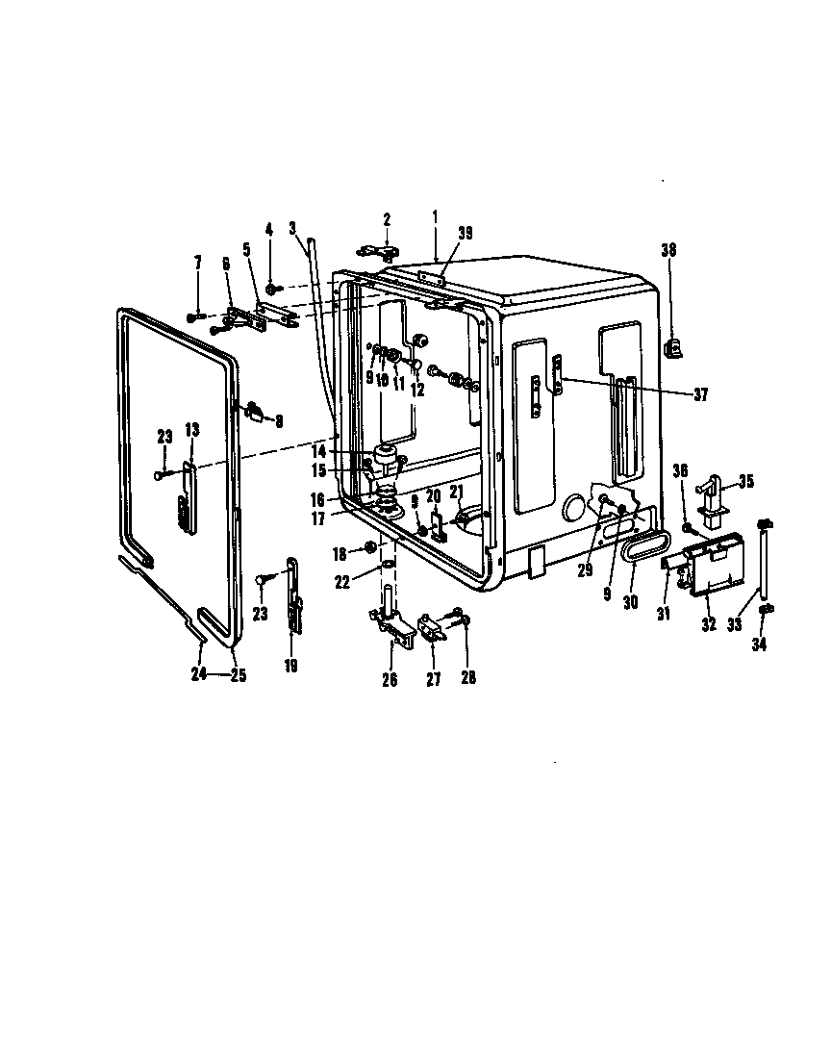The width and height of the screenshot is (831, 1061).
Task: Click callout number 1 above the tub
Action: click(x=435, y=218)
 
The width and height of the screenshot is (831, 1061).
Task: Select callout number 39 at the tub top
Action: click(x=466, y=233)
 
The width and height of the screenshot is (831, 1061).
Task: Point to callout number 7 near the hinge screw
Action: click(x=198, y=263)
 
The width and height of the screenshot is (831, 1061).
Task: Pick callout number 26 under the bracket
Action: click(x=390, y=679)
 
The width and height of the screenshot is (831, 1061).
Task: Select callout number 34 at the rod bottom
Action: click(x=760, y=644)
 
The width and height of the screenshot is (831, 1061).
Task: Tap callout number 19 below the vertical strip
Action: click(x=291, y=664)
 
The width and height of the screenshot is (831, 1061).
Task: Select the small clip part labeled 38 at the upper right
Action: click(x=673, y=344)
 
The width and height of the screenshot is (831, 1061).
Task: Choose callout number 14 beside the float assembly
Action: click(x=343, y=451)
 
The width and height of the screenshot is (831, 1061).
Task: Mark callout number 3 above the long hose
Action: click(x=292, y=228)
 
